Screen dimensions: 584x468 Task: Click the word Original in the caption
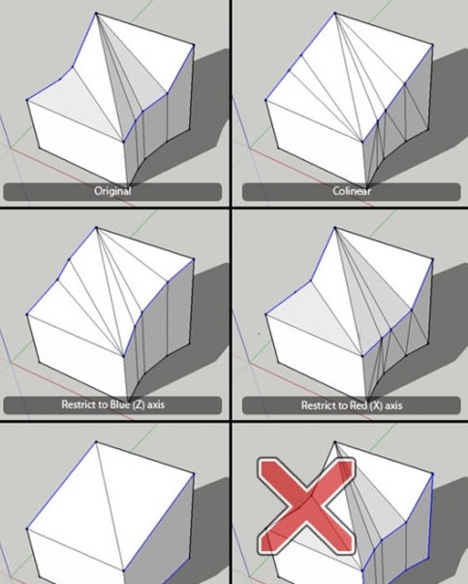tap(112, 191)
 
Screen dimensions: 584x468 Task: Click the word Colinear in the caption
tap(352, 191)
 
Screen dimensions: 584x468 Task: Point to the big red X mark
tap(304, 503)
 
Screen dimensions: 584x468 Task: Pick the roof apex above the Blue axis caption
tap(95, 228)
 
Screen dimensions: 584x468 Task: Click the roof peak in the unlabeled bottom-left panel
tap(96, 442)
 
